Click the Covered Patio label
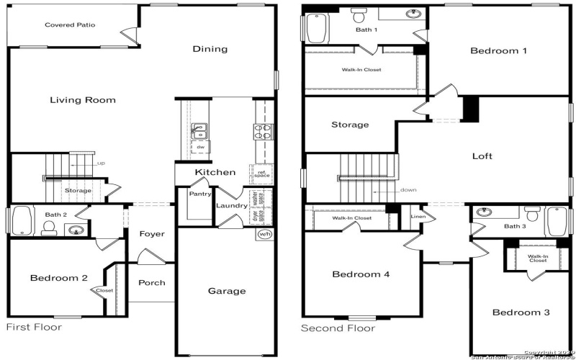click(70, 25)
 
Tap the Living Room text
click(83, 100)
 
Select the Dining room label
click(210, 49)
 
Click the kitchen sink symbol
click(198, 130)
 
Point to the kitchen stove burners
click(261, 130)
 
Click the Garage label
click(227, 291)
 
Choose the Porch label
click(152, 282)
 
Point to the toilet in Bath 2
click(49, 228)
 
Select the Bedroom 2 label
click(59, 278)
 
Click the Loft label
click(482, 156)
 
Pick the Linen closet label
click(418, 217)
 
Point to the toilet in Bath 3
click(533, 214)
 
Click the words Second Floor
click(338, 328)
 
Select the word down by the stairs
click(408, 190)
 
